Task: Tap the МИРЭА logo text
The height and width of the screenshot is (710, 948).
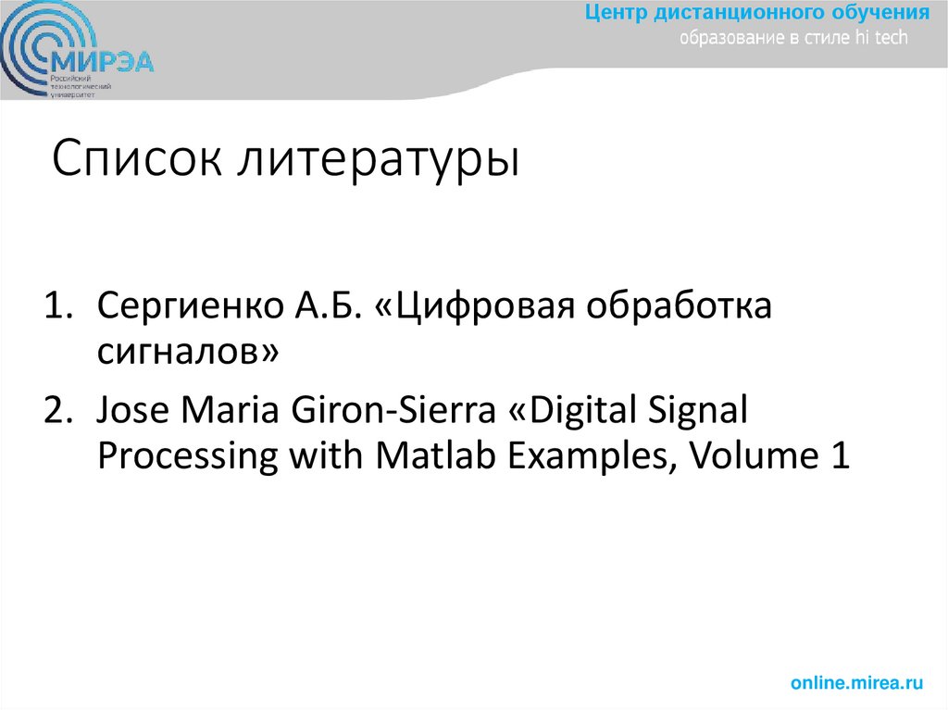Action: [102, 62]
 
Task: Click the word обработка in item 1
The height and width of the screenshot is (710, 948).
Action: [678, 306]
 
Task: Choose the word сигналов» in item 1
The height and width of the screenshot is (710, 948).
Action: [186, 353]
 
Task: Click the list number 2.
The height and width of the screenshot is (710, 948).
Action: [58, 410]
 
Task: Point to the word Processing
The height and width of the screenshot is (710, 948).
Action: [188, 456]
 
